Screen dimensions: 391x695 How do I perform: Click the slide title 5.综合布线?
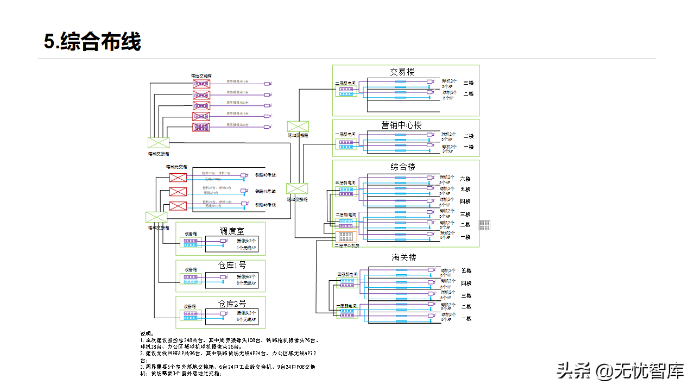click(x=93, y=42)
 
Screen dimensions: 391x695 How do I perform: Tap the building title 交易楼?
click(x=402, y=72)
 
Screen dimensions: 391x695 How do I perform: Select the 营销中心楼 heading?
click(x=401, y=125)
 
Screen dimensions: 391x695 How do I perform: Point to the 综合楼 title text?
click(x=402, y=167)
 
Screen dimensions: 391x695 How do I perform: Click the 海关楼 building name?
click(x=404, y=257)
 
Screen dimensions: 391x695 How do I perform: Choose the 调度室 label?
click(x=232, y=231)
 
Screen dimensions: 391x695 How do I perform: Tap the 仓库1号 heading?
click(x=232, y=266)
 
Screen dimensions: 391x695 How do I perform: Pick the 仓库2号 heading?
click(x=232, y=304)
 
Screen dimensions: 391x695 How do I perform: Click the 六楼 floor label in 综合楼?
click(x=465, y=179)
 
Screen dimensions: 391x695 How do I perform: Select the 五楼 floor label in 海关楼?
click(x=466, y=270)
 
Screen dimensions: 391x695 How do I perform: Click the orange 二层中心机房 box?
click(x=345, y=237)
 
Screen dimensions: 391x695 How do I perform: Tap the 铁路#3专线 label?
click(x=266, y=175)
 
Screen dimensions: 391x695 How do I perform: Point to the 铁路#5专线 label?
click(x=266, y=205)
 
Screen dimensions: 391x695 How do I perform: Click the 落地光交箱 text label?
click(x=176, y=167)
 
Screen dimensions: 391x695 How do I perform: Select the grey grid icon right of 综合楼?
click(x=485, y=225)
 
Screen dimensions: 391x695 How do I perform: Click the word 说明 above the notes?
click(x=147, y=333)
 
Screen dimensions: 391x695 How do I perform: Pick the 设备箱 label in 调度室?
click(x=191, y=232)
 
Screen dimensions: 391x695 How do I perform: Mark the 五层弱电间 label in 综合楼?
click(x=345, y=182)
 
